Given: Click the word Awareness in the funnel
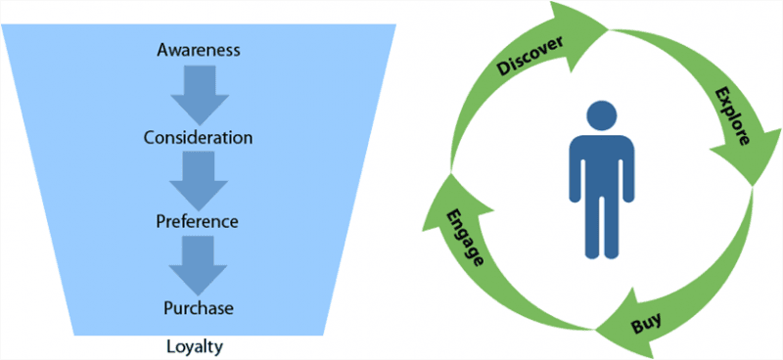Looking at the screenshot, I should tap(199, 48).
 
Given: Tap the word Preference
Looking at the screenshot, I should tap(199, 221).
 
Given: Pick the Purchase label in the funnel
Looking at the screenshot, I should tap(199, 308).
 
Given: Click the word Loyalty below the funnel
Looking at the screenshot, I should tap(199, 345).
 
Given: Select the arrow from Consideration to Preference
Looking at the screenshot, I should tap(199, 178).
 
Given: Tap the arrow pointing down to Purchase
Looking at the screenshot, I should tap(199, 264).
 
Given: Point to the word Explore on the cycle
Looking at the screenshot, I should tap(733, 116).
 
